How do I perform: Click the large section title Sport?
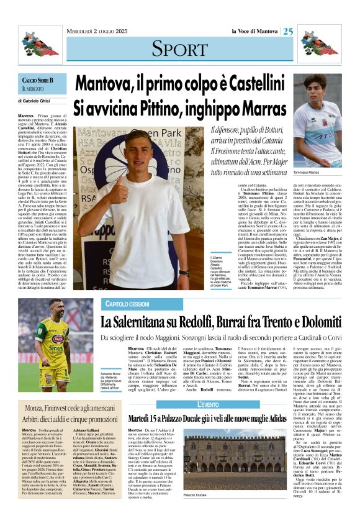tap(179, 48)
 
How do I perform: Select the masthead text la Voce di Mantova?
tap(254, 31)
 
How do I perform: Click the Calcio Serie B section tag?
tap(38, 81)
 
